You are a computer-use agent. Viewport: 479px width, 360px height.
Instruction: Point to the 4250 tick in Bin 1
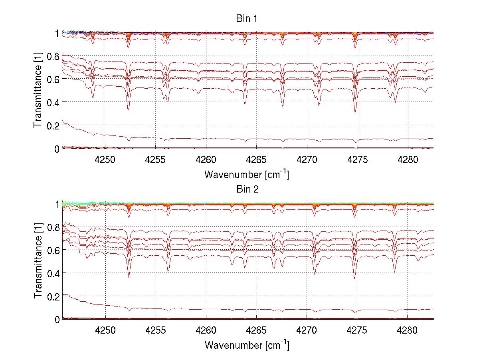point(105,159)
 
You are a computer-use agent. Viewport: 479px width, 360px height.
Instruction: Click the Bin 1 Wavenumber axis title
point(247,174)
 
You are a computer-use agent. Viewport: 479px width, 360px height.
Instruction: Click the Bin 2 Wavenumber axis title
point(247,345)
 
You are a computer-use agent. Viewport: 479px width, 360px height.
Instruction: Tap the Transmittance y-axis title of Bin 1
point(38,91)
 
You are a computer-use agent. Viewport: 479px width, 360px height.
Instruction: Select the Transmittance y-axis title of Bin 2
point(38,261)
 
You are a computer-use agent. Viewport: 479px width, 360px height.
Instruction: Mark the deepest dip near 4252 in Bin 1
point(128,110)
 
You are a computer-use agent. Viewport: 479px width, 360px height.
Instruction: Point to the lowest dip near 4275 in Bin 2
point(354,278)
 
